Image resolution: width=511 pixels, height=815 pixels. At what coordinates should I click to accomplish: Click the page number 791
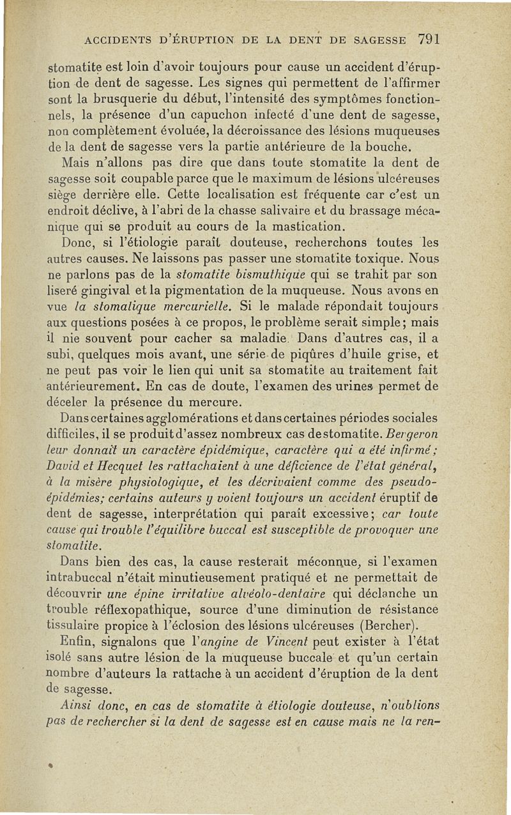(428, 38)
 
